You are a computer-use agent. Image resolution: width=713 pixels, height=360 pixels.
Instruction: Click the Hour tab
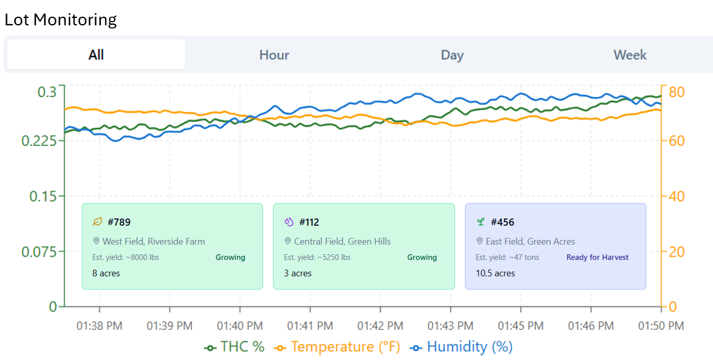(x=274, y=55)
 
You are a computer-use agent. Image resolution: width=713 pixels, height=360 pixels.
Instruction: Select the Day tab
(x=452, y=55)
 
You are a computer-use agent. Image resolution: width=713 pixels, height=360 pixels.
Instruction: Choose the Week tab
(x=630, y=55)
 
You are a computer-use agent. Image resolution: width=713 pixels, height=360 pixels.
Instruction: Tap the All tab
(x=96, y=54)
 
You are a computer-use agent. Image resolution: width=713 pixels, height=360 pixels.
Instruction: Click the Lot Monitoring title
(x=61, y=20)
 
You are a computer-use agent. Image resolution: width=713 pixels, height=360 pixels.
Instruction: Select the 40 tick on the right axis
(x=676, y=196)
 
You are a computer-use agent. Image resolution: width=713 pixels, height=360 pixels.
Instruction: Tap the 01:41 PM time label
(x=309, y=326)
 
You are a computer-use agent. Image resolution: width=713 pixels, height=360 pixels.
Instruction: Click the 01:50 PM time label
(x=661, y=326)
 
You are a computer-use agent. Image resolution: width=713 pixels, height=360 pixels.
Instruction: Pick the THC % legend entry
(x=234, y=347)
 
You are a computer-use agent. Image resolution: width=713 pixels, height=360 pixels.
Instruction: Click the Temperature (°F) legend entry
(x=337, y=347)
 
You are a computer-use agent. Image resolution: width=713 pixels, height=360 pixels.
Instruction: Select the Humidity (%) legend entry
(x=461, y=347)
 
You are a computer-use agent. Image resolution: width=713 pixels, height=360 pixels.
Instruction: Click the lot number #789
(x=119, y=222)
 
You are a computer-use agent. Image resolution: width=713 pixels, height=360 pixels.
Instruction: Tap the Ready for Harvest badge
(x=597, y=257)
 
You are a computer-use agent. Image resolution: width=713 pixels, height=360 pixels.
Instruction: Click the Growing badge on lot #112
(x=421, y=257)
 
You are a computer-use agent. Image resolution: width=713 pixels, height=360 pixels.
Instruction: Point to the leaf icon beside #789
(x=97, y=222)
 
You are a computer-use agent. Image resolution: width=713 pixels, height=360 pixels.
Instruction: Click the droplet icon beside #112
(x=289, y=222)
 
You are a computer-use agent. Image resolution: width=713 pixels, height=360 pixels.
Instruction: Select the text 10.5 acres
(x=495, y=273)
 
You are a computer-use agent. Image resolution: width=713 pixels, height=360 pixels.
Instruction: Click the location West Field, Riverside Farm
(x=153, y=241)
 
